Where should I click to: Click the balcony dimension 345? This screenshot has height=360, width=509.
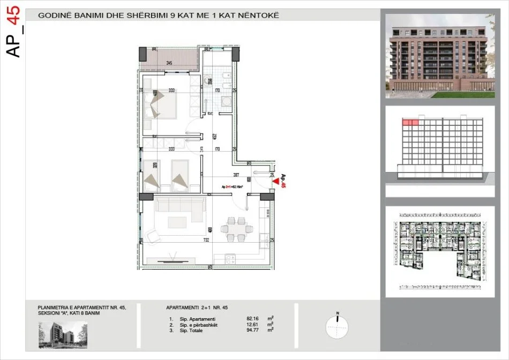click(x=169, y=63)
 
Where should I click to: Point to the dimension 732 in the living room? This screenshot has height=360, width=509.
click(x=206, y=241)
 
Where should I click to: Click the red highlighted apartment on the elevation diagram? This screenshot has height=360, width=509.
click(x=410, y=123)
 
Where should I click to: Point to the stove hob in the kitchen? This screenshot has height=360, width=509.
click(x=231, y=260)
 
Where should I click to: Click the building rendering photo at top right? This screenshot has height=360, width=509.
click(x=439, y=56)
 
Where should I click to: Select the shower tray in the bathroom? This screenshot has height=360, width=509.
click(x=225, y=102)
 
